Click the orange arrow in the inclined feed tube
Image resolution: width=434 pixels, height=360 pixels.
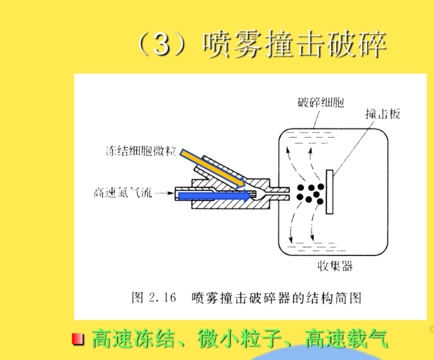(213, 169)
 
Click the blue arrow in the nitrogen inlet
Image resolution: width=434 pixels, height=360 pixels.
(214, 196)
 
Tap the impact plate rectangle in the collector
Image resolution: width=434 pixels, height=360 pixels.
(329, 192)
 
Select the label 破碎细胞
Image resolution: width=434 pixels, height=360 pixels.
(321, 102)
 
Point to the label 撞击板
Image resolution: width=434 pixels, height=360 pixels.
(383, 114)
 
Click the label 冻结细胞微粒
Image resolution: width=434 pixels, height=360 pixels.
(141, 151)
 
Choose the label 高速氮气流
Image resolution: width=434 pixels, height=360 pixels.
(123, 193)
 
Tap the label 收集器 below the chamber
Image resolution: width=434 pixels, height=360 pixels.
(335, 266)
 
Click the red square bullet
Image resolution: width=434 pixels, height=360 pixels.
(77, 339)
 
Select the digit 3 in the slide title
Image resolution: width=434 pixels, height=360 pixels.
(161, 44)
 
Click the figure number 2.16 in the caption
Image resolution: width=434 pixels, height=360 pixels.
(162, 298)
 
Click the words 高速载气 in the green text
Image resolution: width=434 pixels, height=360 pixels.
(346, 338)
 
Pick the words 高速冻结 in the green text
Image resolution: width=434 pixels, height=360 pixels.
(133, 338)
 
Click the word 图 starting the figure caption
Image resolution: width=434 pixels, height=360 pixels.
(138, 298)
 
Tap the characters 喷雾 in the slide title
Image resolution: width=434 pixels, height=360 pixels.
(232, 44)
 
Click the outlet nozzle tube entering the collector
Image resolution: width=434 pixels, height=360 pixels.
(280, 193)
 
